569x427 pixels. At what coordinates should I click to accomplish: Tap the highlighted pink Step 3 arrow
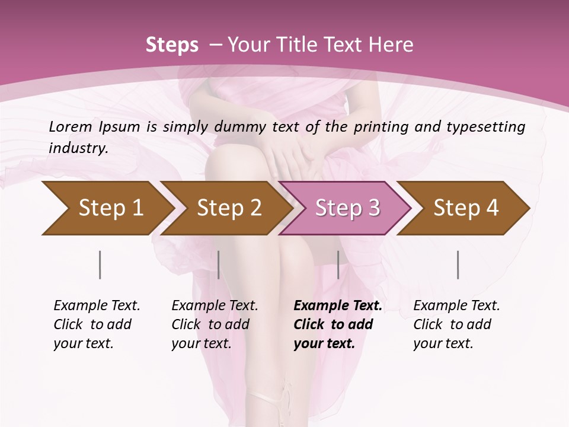point(347,208)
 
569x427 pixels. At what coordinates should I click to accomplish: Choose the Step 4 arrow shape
point(465,208)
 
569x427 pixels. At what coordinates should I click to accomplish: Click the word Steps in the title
point(172,44)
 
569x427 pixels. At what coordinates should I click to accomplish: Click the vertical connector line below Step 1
point(100,265)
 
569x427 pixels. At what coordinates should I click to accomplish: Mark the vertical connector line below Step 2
point(219,265)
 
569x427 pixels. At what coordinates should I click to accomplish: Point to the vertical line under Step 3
point(338,265)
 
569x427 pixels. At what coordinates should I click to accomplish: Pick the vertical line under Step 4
point(458,265)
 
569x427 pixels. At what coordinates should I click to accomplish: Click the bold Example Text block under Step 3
point(337,324)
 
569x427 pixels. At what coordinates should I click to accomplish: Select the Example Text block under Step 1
point(96,324)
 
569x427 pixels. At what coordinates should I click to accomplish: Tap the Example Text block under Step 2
point(214,324)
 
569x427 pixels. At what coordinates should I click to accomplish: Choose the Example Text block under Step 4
point(456,324)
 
